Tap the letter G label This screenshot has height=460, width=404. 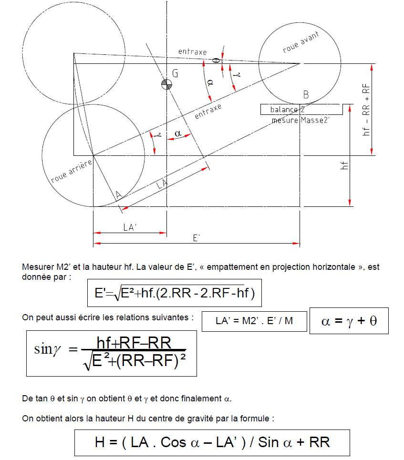coord(175,73)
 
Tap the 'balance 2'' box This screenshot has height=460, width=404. coord(301,110)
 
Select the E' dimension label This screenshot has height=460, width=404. coord(197,238)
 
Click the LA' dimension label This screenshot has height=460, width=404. coord(130,228)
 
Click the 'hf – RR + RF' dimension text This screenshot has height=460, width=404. coord(366,111)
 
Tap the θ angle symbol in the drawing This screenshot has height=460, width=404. coord(215,61)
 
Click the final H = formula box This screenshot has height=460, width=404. coord(212,443)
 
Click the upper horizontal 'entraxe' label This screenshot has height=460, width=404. coord(192,51)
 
